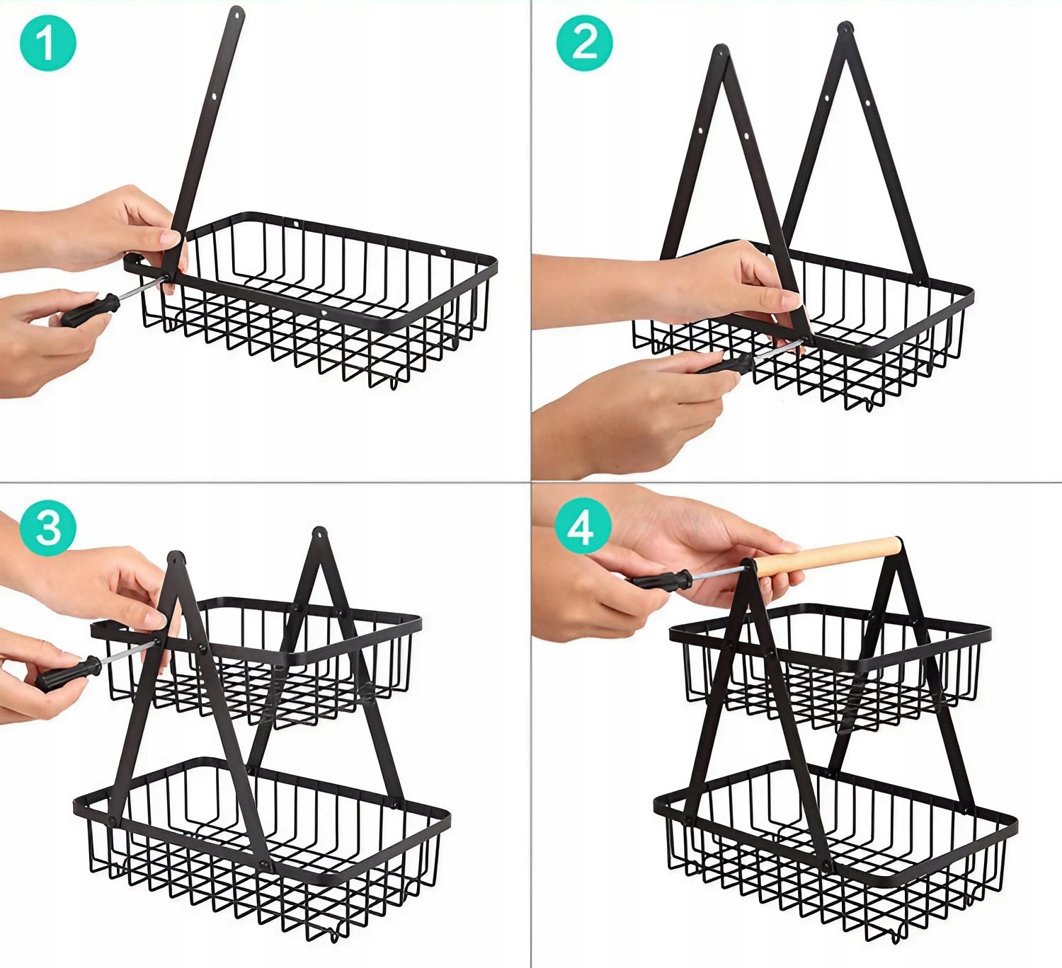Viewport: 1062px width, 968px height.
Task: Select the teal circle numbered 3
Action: click(48, 527)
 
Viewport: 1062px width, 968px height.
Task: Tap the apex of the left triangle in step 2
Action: click(720, 52)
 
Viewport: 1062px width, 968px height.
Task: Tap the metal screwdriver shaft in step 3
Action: click(127, 653)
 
